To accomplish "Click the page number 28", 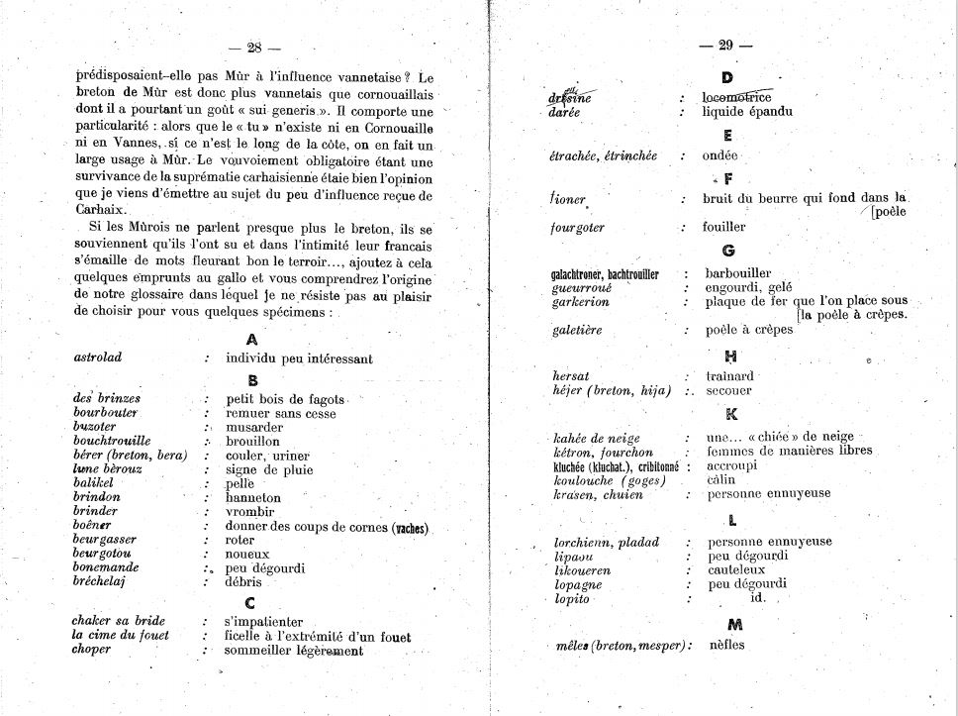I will pyautogui.click(x=254, y=47).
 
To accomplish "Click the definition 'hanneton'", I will pyautogui.click(x=253, y=498).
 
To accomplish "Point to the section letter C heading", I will pyautogui.click(x=249, y=602).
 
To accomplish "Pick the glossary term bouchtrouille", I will pyautogui.click(x=112, y=441).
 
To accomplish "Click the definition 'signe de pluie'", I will pyautogui.click(x=269, y=470).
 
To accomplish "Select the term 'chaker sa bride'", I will pyautogui.click(x=118, y=621).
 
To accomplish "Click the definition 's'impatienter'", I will pyautogui.click(x=262, y=621).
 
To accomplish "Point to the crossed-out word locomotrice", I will pyautogui.click(x=736, y=97).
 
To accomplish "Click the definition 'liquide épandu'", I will pyautogui.click(x=747, y=112).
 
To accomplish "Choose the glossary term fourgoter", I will pyautogui.click(x=577, y=228).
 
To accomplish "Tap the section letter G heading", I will pyautogui.click(x=728, y=251).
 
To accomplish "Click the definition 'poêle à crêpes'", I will pyautogui.click(x=749, y=330).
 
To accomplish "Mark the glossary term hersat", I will pyautogui.click(x=571, y=377).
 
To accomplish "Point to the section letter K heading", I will pyautogui.click(x=731, y=415).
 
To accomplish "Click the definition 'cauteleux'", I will pyautogui.click(x=736, y=570).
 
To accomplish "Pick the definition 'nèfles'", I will pyautogui.click(x=726, y=646).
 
